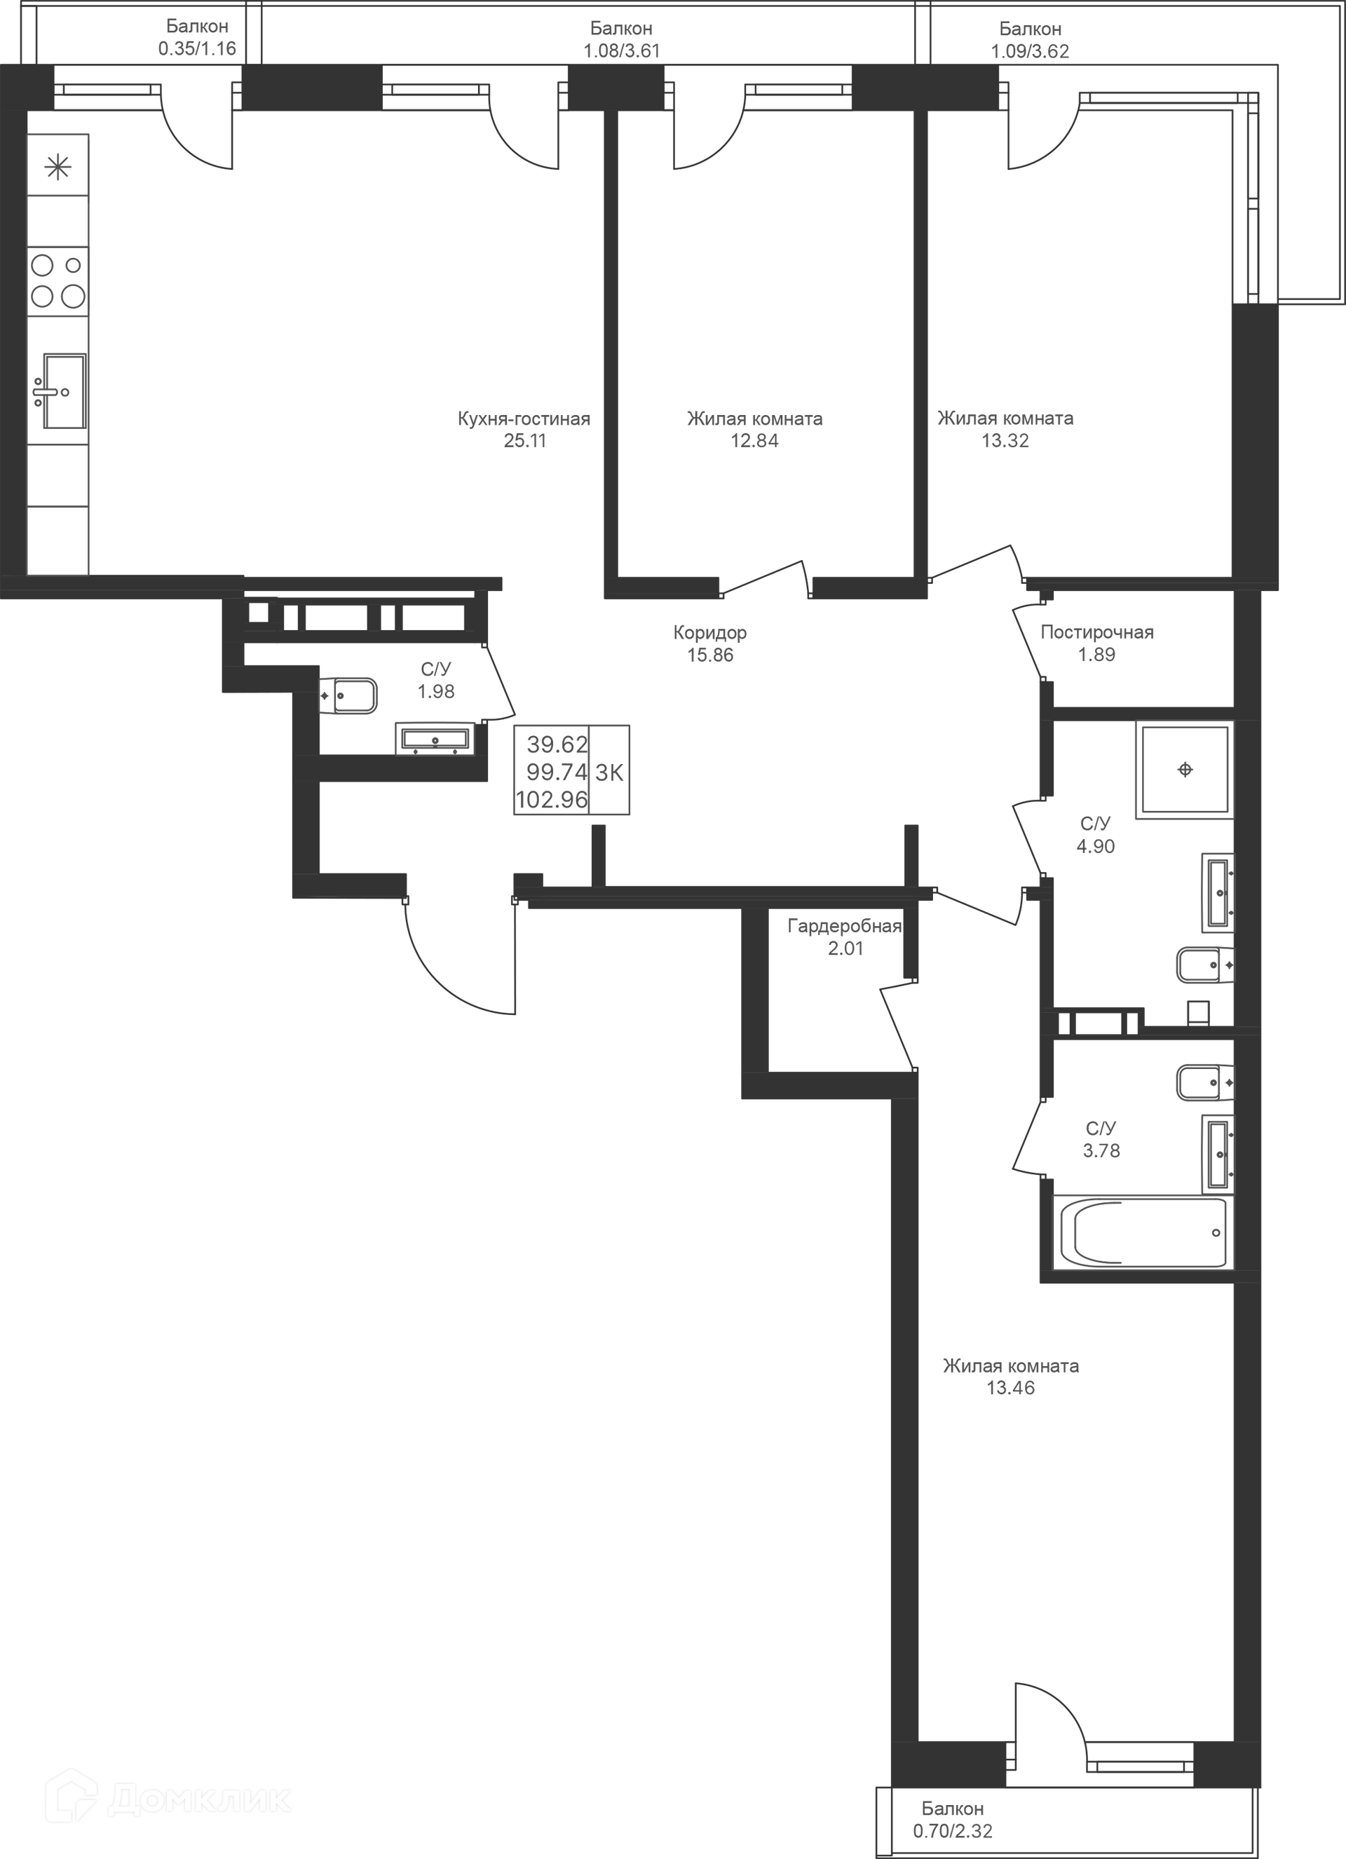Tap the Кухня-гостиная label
524,419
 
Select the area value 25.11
524,441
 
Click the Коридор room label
710,633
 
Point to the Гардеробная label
844,926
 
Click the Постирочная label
1097,633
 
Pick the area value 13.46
1010,1388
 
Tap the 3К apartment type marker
609,772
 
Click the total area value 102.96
552,799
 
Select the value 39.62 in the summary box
557,744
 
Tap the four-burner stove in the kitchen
57,280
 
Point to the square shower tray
1185,769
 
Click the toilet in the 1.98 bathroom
348,696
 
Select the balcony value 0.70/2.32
953,1830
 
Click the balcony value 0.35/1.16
197,48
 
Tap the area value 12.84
754,441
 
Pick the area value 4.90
1095,847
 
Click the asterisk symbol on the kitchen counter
58,168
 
